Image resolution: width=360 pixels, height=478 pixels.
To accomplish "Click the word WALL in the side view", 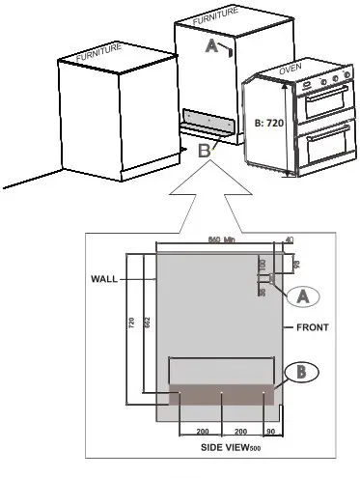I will (104, 279).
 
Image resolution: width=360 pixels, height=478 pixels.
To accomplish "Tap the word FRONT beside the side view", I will (313, 327).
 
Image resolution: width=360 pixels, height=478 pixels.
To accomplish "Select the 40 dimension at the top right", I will (289, 240).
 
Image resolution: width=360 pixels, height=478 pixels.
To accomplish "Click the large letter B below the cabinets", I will (203, 151).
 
